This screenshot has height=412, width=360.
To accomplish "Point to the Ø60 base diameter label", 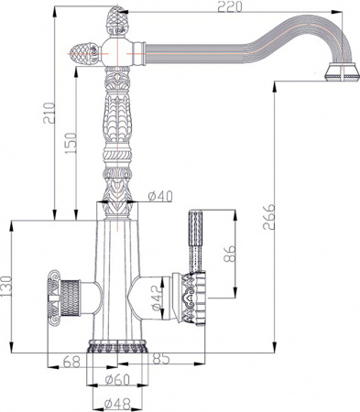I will pyautogui.click(x=116, y=379).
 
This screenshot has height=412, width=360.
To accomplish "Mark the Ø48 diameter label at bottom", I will pyautogui.click(x=116, y=402).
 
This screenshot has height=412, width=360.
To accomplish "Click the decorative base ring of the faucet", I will pyautogui.click(x=116, y=349).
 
